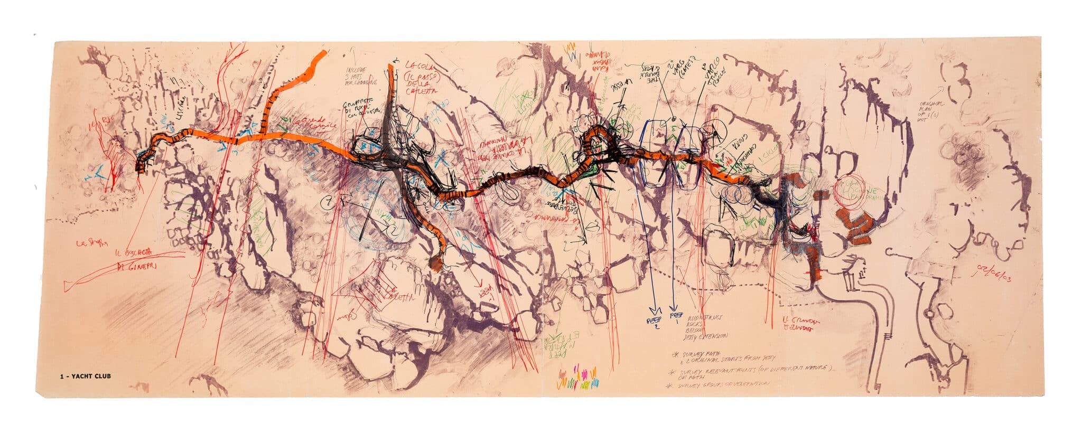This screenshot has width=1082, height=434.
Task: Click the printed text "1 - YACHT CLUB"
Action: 85,376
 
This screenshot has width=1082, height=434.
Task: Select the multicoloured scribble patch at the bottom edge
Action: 579,376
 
